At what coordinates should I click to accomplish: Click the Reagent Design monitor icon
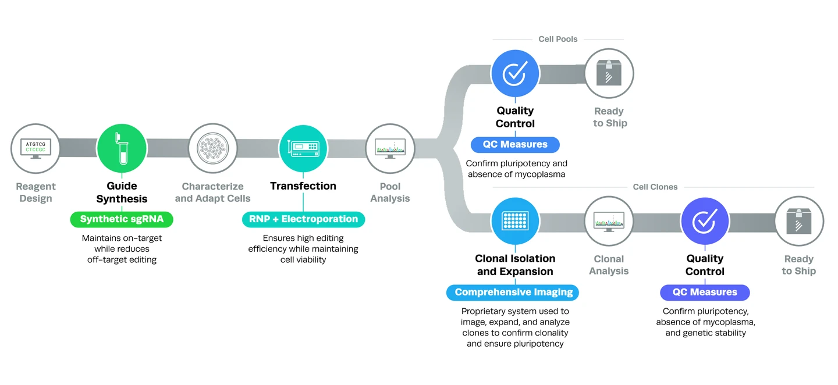(35, 148)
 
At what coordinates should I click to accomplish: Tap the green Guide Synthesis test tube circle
(122, 148)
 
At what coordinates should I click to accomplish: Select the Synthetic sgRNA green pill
(122, 219)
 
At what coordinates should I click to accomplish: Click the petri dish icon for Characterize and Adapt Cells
(212, 148)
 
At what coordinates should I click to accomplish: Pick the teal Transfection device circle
(303, 148)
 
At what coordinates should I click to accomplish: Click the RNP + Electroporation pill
(303, 219)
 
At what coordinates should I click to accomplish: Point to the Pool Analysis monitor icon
(390, 148)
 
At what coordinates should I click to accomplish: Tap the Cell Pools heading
(558, 39)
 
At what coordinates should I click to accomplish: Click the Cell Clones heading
(655, 187)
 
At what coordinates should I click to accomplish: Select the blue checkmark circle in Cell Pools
(515, 73)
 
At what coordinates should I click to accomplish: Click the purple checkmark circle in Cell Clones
(705, 220)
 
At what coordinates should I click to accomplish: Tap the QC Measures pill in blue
(515, 144)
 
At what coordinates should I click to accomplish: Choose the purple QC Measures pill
(705, 292)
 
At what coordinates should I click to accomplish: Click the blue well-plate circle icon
(515, 220)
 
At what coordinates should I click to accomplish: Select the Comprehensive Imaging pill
(513, 292)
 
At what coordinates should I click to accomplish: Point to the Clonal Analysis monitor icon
(609, 220)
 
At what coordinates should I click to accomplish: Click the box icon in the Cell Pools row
(609, 73)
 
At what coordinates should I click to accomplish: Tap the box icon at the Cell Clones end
(799, 220)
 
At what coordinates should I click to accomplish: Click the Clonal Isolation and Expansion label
(515, 265)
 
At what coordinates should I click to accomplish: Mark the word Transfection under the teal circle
(303, 186)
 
